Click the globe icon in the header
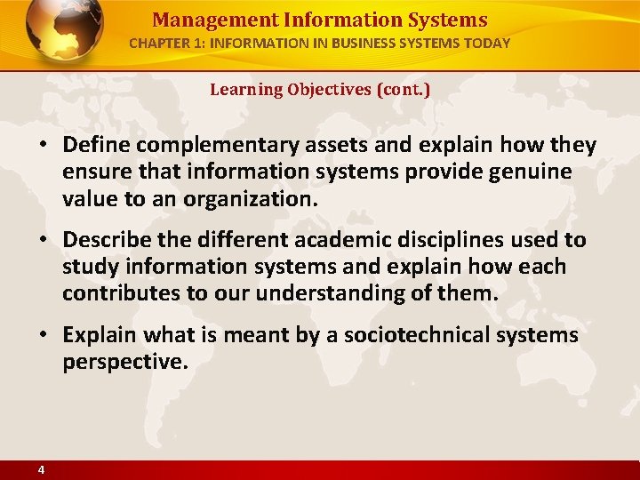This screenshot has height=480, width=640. (64, 33)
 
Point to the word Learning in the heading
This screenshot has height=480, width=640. (245, 90)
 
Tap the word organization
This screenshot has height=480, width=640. (250, 199)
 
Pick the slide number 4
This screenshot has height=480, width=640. (41, 469)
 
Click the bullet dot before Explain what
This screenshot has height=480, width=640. (44, 336)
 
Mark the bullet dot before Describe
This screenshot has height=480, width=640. (44, 240)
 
